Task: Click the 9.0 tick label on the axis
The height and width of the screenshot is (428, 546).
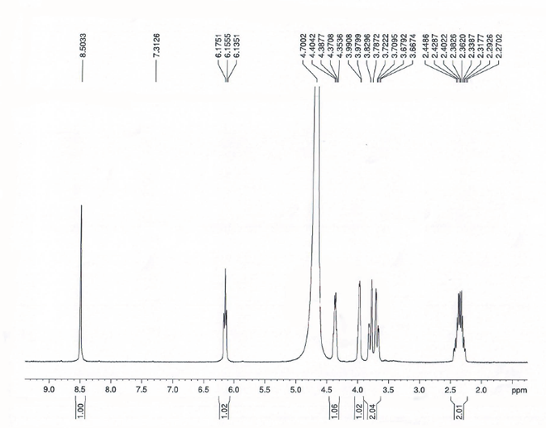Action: pyautogui.click(x=49, y=387)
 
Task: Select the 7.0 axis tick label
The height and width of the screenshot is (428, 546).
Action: pyautogui.click(x=173, y=387)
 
